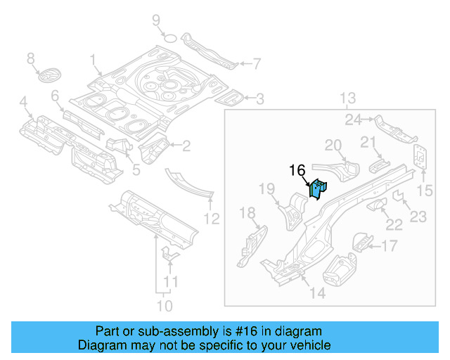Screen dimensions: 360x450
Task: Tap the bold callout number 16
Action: pyautogui.click(x=297, y=171)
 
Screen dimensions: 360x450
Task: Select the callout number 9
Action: pyautogui.click(x=156, y=20)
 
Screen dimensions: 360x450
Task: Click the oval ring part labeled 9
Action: pyautogui.click(x=169, y=38)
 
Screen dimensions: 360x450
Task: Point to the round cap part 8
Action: pyautogui.click(x=49, y=76)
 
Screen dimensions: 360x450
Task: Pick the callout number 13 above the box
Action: pyautogui.click(x=349, y=98)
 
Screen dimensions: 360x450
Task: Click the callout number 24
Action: pyautogui.click(x=353, y=119)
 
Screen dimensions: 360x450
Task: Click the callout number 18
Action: pyautogui.click(x=248, y=213)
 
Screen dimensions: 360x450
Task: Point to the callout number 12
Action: pyautogui.click(x=212, y=219)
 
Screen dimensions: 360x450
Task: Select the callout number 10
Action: pyautogui.click(x=164, y=305)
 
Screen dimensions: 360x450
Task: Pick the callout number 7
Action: pyautogui.click(x=256, y=64)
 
